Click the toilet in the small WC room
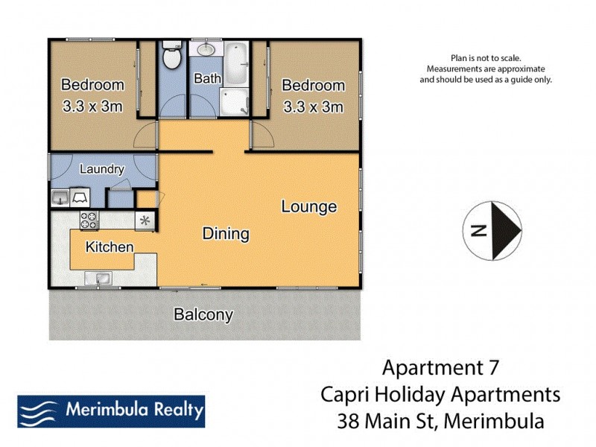click(173, 57)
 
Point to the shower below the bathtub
click(235, 101)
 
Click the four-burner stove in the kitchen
click(89, 220)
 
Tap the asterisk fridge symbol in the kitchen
click(145, 221)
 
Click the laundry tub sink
click(60, 197)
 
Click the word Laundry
click(101, 169)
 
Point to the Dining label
click(226, 234)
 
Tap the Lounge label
click(308, 206)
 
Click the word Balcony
click(203, 314)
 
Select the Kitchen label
click(110, 247)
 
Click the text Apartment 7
click(440, 367)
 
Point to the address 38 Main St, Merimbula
click(440, 421)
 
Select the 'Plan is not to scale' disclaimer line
click(486, 57)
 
